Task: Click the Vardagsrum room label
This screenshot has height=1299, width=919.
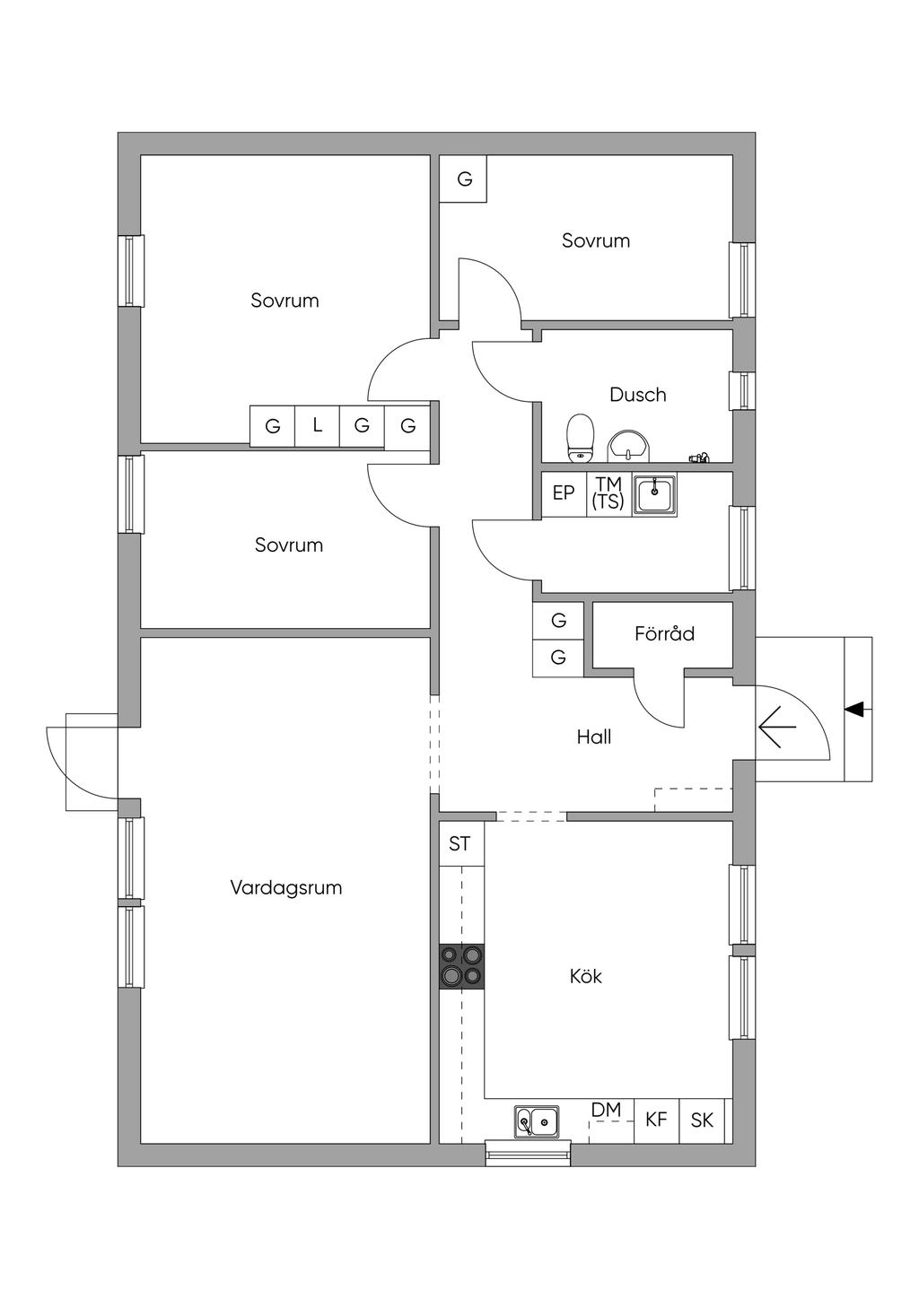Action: [286, 888]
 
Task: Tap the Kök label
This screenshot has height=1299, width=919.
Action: [585, 976]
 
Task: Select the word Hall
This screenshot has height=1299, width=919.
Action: [594, 737]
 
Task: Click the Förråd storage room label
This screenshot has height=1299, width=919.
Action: [664, 633]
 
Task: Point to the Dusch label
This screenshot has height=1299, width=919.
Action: [637, 395]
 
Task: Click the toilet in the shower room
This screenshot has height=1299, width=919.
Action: [580, 438]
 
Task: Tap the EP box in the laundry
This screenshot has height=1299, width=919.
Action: [564, 493]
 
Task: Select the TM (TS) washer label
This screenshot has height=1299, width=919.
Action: [608, 493]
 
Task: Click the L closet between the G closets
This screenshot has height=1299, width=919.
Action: [318, 426]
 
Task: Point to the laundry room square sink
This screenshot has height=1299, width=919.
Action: [655, 493]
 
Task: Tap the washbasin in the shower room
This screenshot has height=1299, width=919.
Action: [628, 446]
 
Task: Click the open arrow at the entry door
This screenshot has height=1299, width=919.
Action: [777, 727]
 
